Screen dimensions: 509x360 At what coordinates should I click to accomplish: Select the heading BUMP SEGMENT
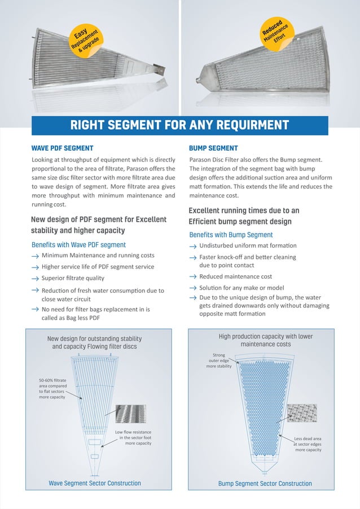[x=213, y=148]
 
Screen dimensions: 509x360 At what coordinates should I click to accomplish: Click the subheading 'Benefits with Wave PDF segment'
[x=78, y=245]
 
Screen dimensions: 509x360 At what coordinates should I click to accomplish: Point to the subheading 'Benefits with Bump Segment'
[x=231, y=235]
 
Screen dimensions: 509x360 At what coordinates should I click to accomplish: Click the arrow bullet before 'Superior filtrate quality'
[x=35, y=279]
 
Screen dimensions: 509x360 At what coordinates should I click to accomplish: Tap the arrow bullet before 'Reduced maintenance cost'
[x=193, y=277]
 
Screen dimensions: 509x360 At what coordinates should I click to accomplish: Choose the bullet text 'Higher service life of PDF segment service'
[x=98, y=267]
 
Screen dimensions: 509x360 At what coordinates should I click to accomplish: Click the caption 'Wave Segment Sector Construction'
[x=95, y=484]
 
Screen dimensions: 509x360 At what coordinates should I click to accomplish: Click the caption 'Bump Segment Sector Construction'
[x=265, y=484]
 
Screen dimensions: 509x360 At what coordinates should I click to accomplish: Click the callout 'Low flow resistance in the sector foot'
[x=133, y=438]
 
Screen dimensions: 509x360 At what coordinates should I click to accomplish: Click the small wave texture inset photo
[x=130, y=416]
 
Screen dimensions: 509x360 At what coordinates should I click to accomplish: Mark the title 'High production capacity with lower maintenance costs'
[x=265, y=340]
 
